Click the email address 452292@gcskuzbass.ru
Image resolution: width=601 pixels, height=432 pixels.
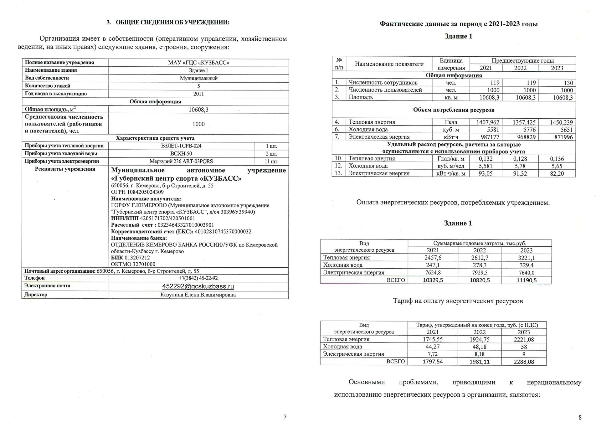198,286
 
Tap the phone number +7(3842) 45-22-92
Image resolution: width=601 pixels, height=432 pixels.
198,278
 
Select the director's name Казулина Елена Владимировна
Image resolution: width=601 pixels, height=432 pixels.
198,295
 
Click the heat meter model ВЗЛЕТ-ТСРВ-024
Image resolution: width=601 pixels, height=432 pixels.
181,146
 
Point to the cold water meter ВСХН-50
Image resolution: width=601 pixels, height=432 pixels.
181,154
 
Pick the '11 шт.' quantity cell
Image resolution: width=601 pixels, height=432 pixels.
271,162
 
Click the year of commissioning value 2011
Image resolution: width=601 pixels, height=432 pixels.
198,94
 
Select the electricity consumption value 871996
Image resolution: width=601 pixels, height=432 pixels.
563,137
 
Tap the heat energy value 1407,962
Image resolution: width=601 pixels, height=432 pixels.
488,122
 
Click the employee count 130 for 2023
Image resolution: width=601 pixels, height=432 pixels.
568,83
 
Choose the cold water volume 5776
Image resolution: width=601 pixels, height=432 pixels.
529,130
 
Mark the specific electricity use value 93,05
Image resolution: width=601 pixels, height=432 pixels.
485,173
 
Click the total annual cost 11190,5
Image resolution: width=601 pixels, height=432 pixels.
527,280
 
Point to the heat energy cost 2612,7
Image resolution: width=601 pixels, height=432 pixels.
480,258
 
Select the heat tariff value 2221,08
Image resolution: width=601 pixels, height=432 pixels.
524,339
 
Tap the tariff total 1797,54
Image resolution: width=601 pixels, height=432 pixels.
433,362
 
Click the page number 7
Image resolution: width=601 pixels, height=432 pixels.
285,417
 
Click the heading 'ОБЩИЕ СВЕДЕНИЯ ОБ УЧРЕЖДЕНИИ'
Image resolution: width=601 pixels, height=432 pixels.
172,23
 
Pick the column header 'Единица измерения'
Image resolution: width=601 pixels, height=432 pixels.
451,64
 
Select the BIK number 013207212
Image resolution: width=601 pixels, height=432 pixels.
137,258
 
